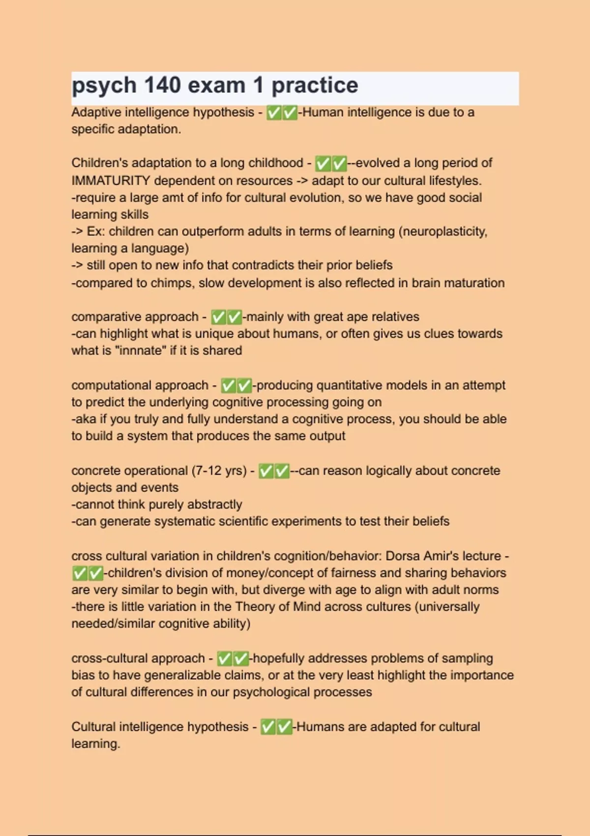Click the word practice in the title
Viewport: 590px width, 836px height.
[x=315, y=85]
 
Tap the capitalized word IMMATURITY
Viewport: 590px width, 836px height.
[x=111, y=180]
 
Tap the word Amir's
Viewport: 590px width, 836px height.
[x=441, y=556]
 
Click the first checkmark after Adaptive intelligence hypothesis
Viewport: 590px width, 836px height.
[x=273, y=113]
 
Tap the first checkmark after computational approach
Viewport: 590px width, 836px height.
[x=228, y=386]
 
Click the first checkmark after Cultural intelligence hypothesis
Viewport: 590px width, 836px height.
[x=268, y=727]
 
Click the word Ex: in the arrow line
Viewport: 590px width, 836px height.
[x=96, y=231]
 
